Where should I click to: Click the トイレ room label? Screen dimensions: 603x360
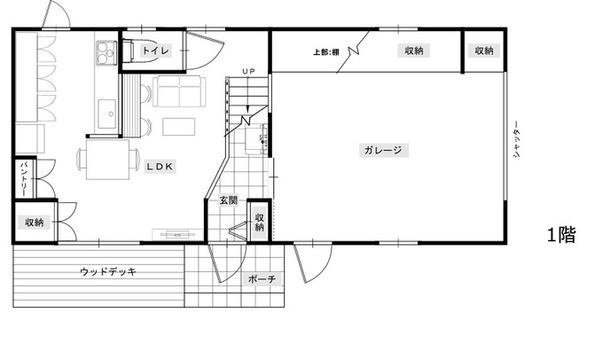(156, 51)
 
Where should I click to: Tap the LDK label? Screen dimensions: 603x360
(160, 167)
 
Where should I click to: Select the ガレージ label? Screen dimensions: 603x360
(383, 150)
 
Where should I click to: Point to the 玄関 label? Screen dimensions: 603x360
(229, 200)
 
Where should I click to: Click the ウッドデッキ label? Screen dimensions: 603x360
(108, 272)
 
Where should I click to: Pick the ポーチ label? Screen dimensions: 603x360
(262, 278)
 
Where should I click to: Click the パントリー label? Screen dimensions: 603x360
(24, 178)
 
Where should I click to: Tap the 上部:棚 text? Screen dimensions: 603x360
(326, 51)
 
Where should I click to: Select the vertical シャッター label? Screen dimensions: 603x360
(516, 139)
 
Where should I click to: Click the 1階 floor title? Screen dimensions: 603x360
(561, 235)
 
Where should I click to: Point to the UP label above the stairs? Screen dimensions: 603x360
(249, 71)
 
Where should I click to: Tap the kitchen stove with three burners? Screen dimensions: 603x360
(106, 52)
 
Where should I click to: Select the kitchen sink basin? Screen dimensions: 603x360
(107, 113)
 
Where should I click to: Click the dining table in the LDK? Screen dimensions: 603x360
(107, 160)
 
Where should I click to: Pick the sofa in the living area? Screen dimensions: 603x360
(179, 91)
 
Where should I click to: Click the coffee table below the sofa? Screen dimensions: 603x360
(178, 127)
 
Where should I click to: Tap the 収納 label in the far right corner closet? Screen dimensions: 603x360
(484, 51)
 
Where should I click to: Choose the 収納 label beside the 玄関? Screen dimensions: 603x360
(260, 222)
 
